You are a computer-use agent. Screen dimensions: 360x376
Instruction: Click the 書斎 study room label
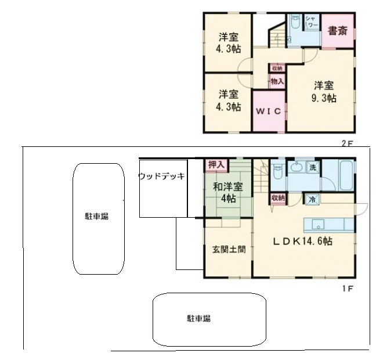pyautogui.click(x=338, y=31)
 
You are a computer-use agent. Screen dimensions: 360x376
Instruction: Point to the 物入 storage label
pyautogui.click(x=277, y=82)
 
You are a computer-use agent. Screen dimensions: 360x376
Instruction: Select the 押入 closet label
pyautogui.click(x=216, y=165)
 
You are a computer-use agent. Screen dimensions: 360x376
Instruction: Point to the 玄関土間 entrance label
pyautogui.click(x=229, y=250)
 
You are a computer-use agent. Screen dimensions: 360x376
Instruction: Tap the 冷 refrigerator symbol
pyautogui.click(x=312, y=199)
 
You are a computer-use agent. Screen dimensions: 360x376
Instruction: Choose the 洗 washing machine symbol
pyautogui.click(x=313, y=168)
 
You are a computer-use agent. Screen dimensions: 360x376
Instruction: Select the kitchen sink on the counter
pyautogui.click(x=320, y=224)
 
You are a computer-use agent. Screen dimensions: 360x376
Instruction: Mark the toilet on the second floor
pyautogui.click(x=294, y=24)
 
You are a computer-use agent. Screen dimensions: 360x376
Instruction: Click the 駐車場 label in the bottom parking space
pyautogui.click(x=198, y=318)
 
